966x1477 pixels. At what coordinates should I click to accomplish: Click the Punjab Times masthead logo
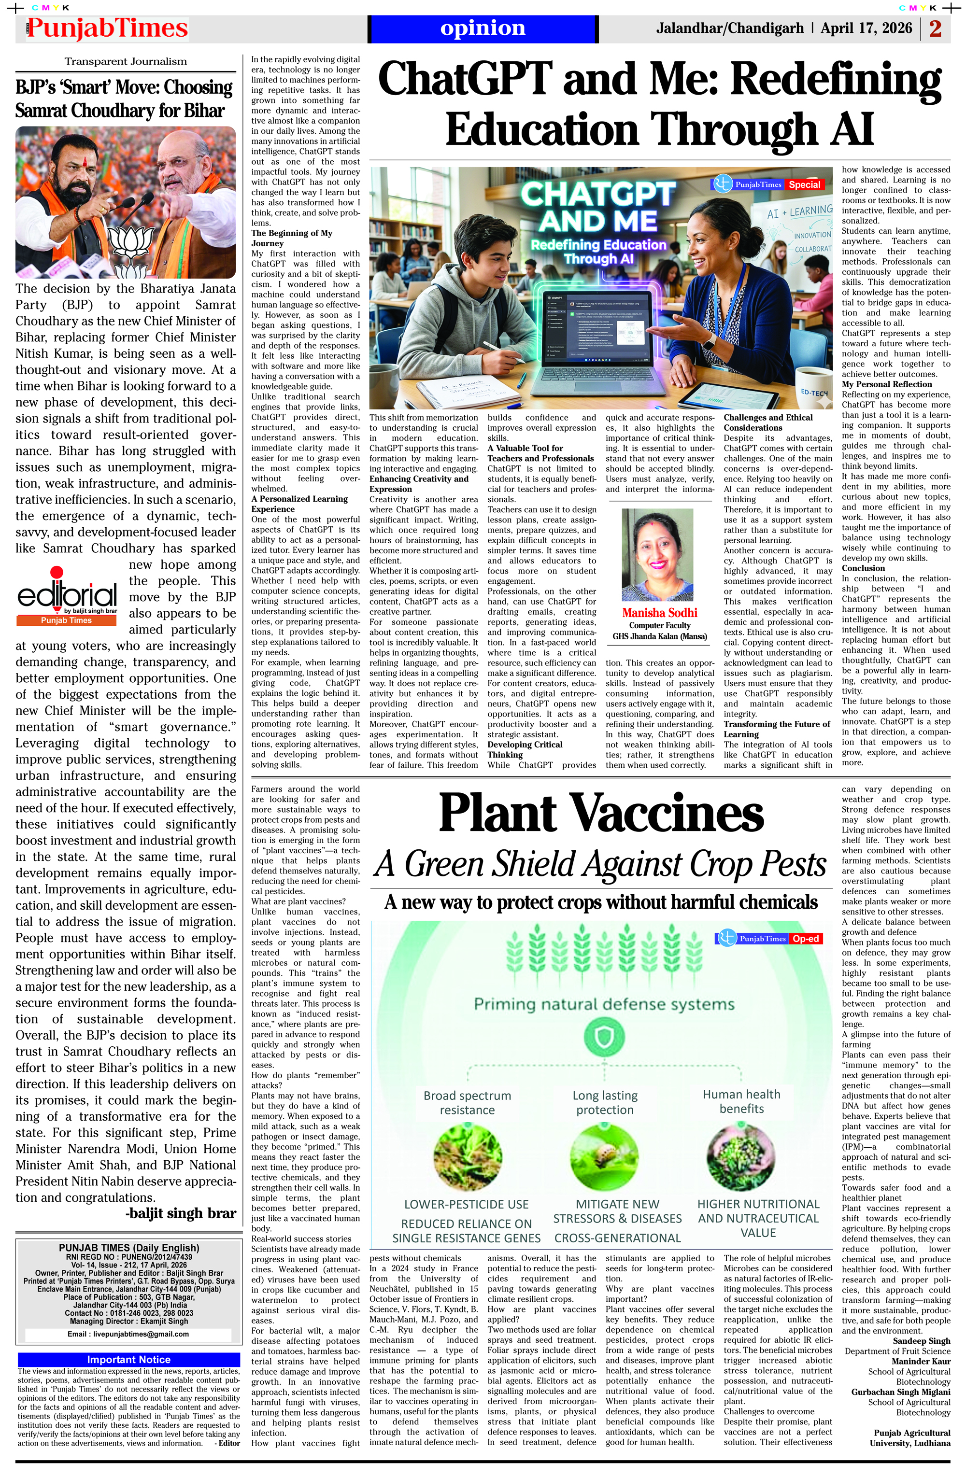107,28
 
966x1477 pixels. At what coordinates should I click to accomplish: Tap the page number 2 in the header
935,28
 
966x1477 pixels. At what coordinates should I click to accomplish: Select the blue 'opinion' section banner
483,28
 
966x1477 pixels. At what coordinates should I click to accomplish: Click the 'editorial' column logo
67,596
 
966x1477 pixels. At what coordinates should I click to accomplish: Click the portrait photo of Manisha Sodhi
657,555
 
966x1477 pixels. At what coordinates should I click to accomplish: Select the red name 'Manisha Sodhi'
659,613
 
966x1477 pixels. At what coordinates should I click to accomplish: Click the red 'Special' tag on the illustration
805,184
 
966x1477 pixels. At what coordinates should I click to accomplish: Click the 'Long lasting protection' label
605,1103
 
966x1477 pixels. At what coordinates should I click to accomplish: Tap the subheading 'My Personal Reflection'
886,384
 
